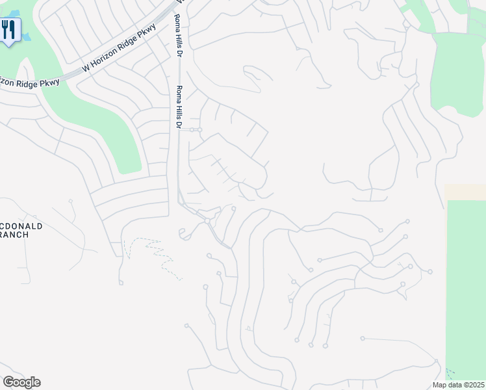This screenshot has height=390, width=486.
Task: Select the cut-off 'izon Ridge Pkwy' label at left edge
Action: pyautogui.click(x=30, y=82)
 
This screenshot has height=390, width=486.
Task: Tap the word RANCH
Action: pyautogui.click(x=14, y=235)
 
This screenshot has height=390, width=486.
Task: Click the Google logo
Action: pyautogui.click(x=21, y=382)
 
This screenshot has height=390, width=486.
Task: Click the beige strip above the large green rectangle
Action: pyautogui.click(x=465, y=192)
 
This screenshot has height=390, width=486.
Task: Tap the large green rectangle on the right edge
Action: pyautogui.click(x=466, y=286)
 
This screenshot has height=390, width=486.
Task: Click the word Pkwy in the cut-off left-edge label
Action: pyautogui.click(x=49, y=81)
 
